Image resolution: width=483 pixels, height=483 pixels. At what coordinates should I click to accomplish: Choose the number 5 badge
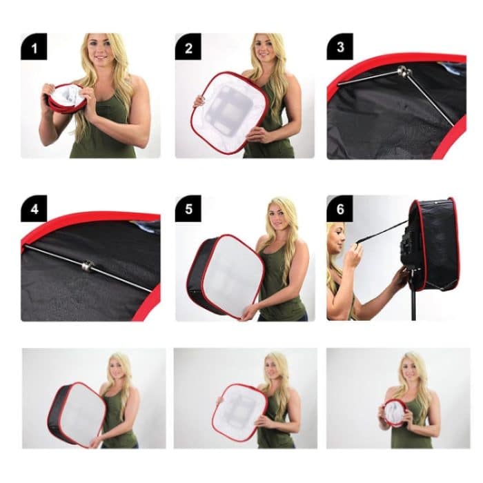tap(188, 209)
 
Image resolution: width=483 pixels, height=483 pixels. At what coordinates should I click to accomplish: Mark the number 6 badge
tap(339, 209)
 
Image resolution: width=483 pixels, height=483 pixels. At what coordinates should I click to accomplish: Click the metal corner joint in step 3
tap(402, 71)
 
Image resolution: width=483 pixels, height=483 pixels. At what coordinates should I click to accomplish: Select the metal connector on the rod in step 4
tap(88, 265)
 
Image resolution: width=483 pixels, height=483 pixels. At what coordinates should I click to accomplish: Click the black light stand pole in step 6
tap(414, 304)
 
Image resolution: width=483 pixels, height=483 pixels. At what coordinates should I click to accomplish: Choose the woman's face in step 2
tap(264, 50)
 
